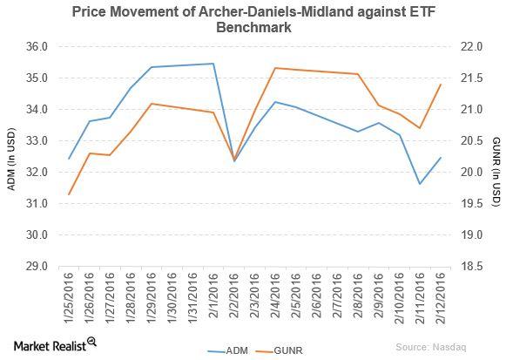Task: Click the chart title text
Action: (x=253, y=18)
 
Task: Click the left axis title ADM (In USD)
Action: (x=12, y=157)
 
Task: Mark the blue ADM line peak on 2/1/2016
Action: (x=213, y=64)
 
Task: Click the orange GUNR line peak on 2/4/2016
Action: (x=275, y=68)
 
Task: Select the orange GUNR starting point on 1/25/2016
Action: (x=69, y=194)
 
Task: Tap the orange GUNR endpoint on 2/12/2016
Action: (x=441, y=85)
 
